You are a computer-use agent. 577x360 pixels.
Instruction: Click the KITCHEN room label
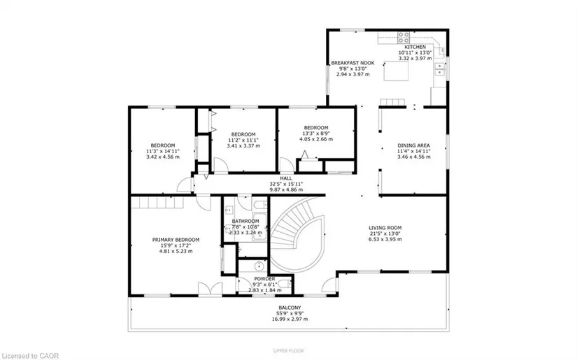click(x=415, y=47)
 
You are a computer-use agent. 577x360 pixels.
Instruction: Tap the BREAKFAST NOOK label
click(x=352, y=63)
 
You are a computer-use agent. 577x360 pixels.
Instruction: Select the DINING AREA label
click(x=413, y=145)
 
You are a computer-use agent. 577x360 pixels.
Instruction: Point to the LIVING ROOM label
click(x=385, y=228)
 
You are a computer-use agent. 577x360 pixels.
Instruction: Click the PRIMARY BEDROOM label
click(x=176, y=240)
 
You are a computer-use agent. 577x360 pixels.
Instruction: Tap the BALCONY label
click(x=290, y=308)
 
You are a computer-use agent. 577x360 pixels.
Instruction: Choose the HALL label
click(x=286, y=178)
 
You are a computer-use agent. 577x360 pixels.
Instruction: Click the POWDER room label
click(x=264, y=279)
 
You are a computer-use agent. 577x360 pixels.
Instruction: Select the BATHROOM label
click(x=245, y=221)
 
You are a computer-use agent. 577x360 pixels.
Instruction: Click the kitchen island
click(x=396, y=71)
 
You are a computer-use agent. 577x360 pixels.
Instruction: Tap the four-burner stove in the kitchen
click(x=404, y=38)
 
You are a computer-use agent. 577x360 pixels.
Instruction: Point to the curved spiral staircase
click(x=299, y=234)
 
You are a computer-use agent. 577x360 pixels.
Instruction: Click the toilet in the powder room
click(x=285, y=284)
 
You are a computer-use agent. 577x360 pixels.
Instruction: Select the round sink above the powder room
click(x=259, y=265)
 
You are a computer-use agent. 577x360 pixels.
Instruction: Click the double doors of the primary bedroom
click(x=210, y=288)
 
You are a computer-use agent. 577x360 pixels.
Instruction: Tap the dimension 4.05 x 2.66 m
click(x=316, y=139)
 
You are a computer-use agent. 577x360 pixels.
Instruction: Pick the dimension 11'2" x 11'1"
click(x=243, y=140)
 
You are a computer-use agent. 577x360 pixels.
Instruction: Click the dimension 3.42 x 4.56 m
click(x=163, y=157)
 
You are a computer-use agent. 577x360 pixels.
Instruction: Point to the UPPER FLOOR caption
click(x=288, y=351)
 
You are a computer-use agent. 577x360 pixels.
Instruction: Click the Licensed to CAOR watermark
click(x=29, y=356)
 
